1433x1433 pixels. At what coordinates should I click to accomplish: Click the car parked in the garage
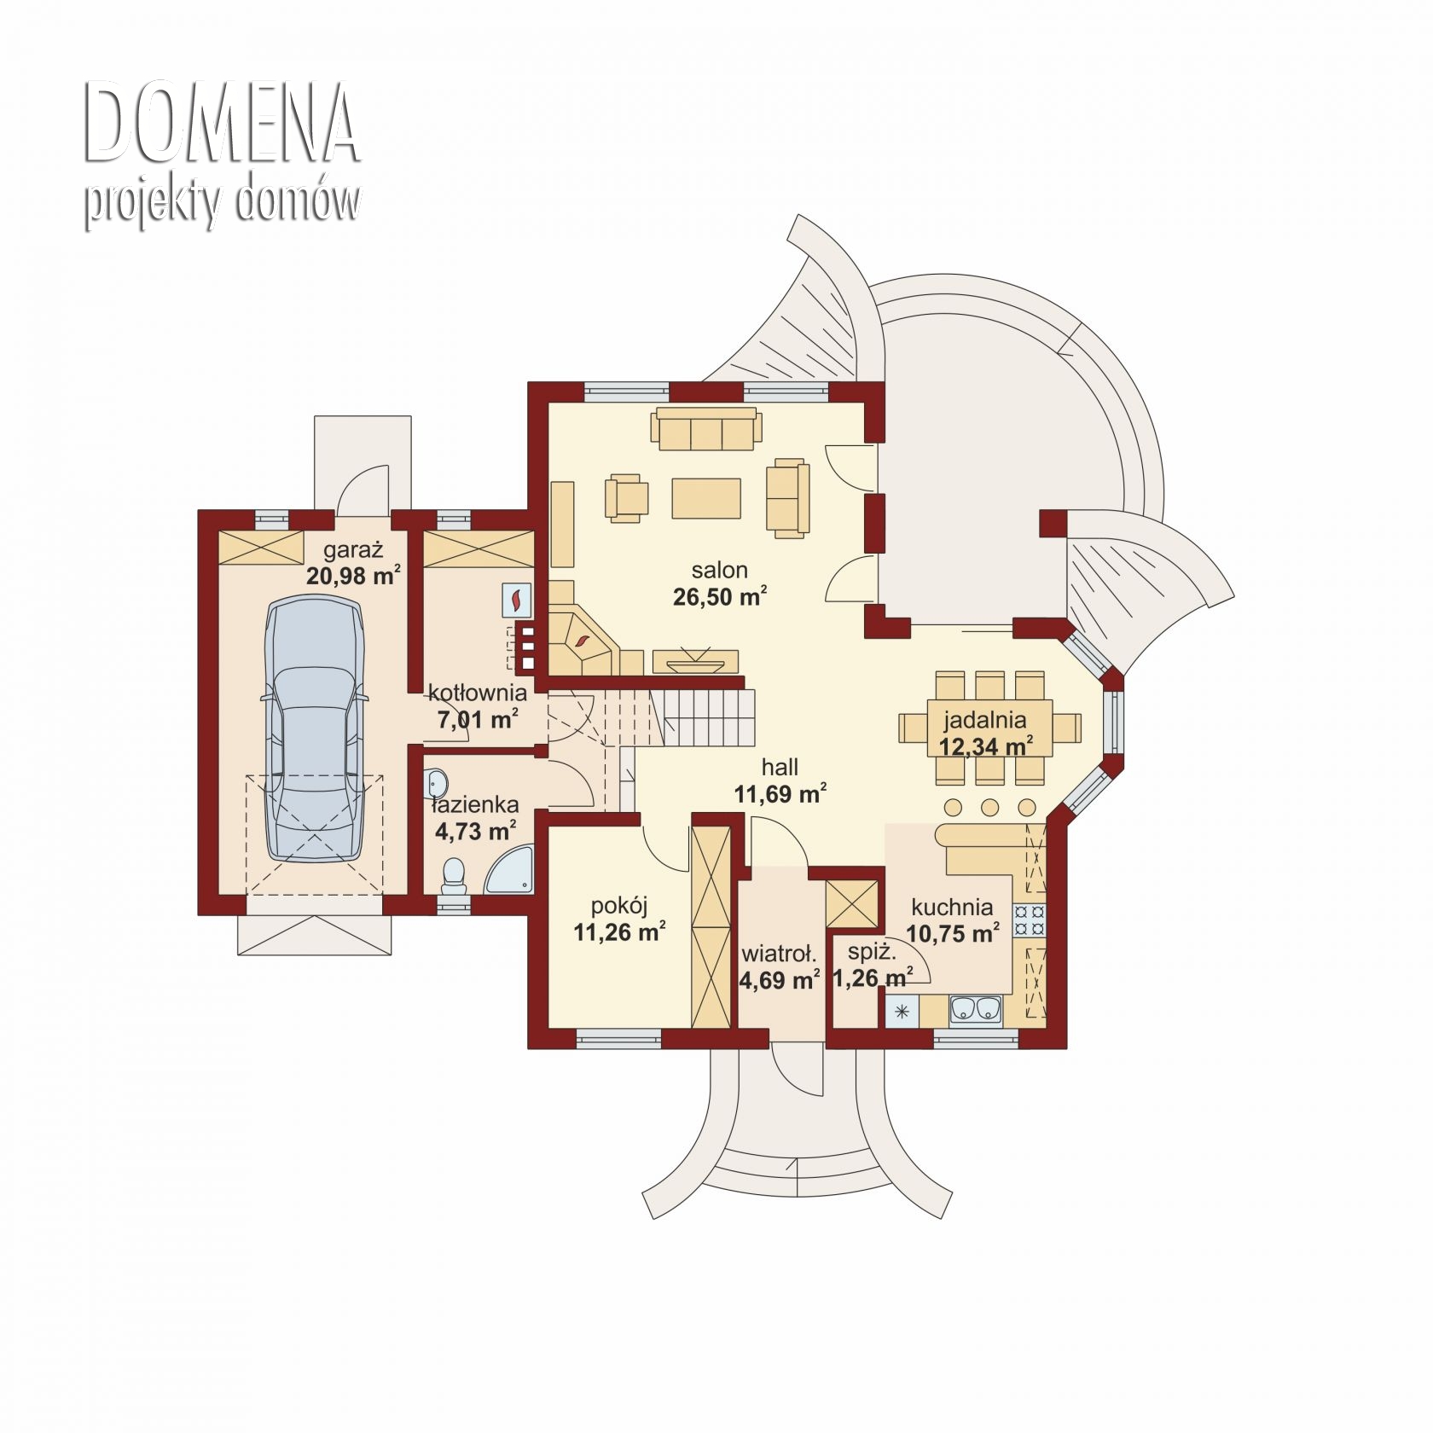316,728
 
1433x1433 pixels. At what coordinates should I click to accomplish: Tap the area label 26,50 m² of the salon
720,596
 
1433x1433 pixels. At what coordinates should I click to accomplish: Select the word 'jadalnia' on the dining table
984,721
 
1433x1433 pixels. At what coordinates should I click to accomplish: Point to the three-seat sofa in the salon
705,428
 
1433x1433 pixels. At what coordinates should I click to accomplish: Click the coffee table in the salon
705,498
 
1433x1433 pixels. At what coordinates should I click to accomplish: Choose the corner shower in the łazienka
509,870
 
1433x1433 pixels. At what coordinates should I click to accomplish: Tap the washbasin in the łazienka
438,780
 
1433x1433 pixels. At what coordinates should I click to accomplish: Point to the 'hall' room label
780,767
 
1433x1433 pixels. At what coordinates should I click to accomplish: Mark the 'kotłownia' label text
478,693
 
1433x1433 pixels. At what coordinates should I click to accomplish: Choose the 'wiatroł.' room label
779,953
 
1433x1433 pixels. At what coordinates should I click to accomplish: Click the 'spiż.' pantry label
871,952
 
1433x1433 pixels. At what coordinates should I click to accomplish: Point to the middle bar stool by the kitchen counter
990,807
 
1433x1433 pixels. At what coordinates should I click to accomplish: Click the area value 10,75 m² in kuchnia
952,933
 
